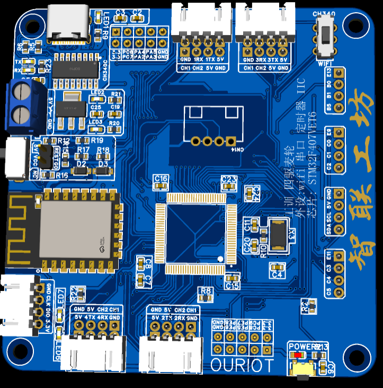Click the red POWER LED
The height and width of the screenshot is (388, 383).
(x=299, y=355)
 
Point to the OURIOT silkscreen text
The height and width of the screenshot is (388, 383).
(x=242, y=365)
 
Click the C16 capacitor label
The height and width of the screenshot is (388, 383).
(x=160, y=178)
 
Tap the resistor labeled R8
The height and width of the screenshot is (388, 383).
(x=206, y=291)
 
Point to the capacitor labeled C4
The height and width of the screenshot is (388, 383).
(x=277, y=267)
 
